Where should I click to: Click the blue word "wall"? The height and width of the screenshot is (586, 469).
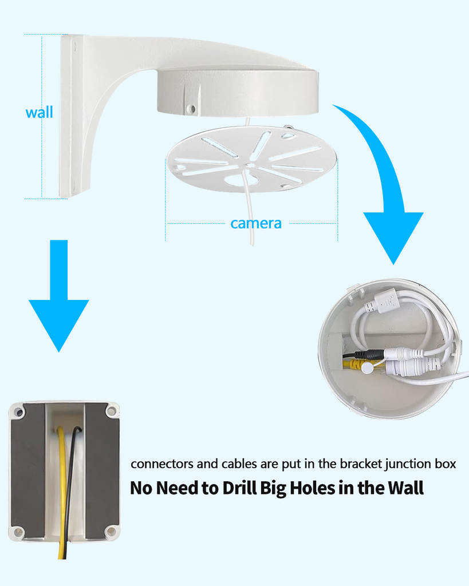click(39, 112)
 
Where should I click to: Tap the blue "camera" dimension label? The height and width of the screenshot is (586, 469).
click(255, 223)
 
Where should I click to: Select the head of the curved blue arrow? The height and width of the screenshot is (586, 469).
click(393, 235)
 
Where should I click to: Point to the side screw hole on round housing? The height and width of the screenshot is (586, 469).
click(191, 108)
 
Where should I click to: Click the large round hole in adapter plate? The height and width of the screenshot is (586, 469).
click(241, 180)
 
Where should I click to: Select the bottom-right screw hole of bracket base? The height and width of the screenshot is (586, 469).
click(111, 532)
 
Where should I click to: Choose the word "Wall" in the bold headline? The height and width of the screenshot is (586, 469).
click(405, 488)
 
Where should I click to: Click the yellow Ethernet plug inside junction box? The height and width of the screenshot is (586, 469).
click(355, 364)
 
